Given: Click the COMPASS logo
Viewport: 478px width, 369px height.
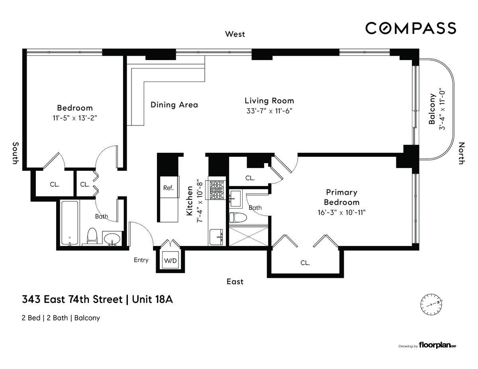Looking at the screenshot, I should (411, 28).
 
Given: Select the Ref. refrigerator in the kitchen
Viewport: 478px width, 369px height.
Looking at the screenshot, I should (168, 187).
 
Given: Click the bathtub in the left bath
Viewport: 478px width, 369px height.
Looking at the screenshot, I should (70, 223).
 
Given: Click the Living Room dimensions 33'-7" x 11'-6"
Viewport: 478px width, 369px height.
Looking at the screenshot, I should (269, 111).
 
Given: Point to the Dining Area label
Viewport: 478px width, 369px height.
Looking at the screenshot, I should (174, 105).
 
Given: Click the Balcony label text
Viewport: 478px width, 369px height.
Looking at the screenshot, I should (432, 109).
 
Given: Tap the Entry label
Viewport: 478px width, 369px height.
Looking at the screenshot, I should (141, 260).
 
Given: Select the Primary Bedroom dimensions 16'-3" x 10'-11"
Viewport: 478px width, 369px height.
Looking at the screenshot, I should (341, 213).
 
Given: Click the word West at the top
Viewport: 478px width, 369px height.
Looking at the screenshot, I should (235, 34).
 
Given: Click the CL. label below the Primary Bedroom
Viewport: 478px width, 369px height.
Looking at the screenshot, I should (305, 263).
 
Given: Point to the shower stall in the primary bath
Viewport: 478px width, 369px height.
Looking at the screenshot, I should (249, 236).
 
